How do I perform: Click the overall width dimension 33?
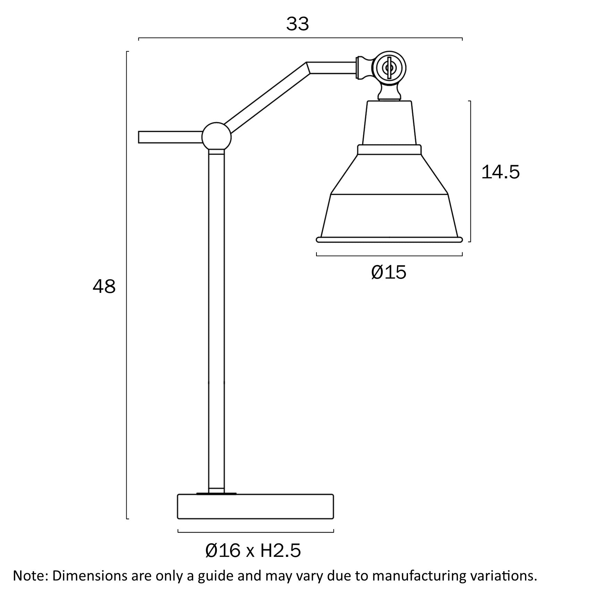[297, 24]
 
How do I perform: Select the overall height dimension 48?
[104, 287]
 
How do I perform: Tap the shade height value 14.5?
[500, 172]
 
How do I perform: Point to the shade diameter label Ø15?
[389, 272]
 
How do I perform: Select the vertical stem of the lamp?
[217, 312]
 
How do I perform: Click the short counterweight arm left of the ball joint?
[170, 137]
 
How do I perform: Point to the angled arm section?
[267, 97]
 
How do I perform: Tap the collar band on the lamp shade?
[389, 150]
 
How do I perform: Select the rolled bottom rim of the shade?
[389, 239]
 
